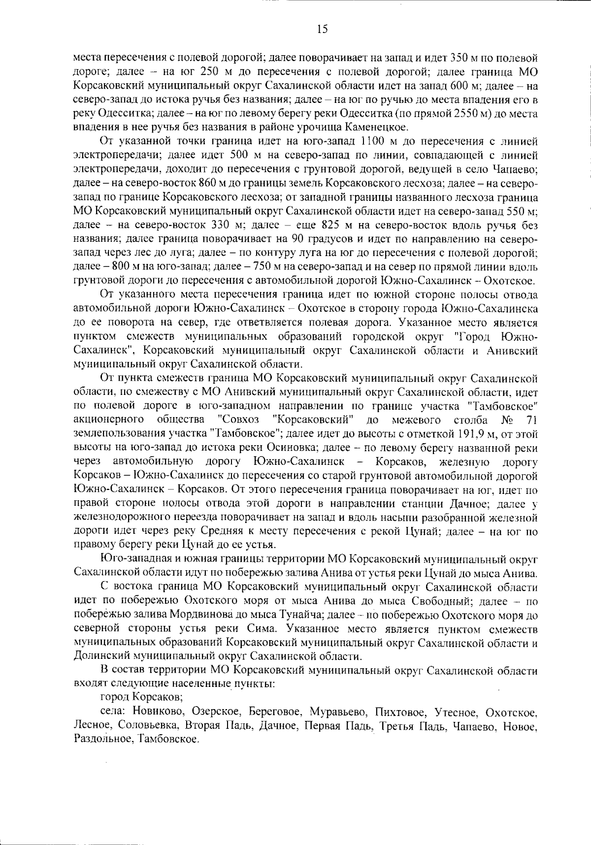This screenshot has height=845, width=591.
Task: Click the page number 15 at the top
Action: (323, 29)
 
